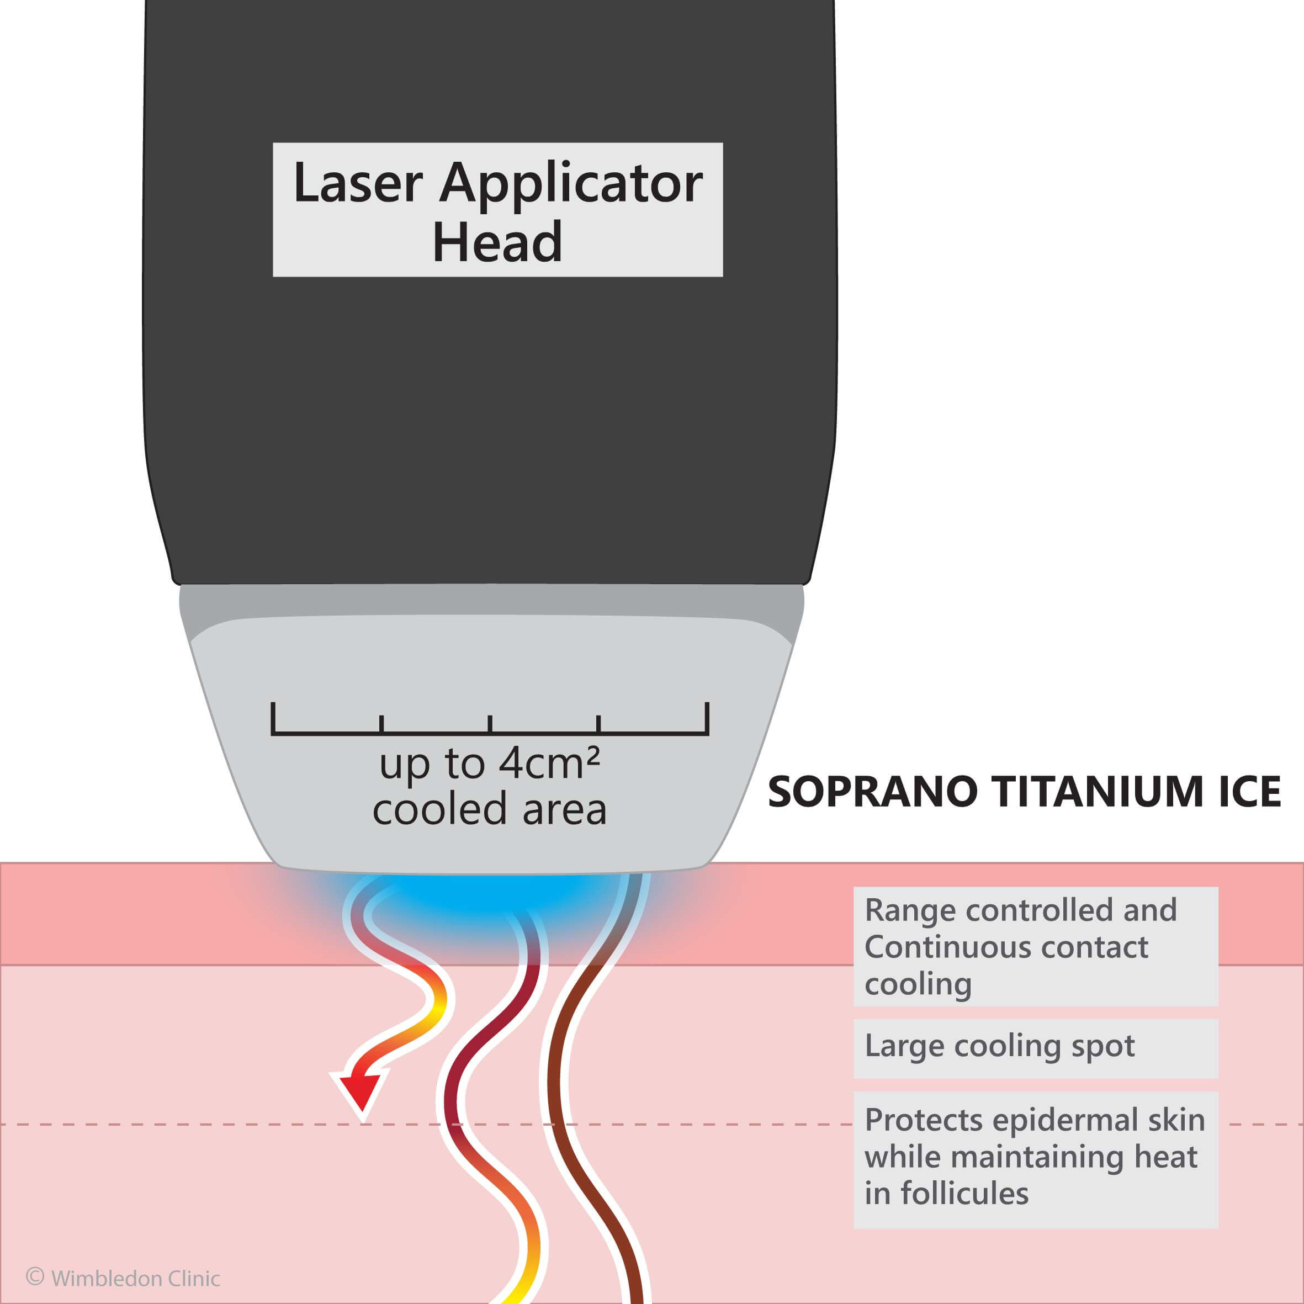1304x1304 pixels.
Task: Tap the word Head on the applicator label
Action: click(497, 242)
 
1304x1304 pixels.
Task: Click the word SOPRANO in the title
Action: click(872, 792)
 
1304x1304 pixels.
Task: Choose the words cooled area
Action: click(489, 809)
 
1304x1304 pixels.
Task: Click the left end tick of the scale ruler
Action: click(273, 718)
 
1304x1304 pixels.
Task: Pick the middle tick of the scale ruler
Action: click(490, 724)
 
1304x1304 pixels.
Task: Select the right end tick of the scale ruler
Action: click(707, 718)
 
